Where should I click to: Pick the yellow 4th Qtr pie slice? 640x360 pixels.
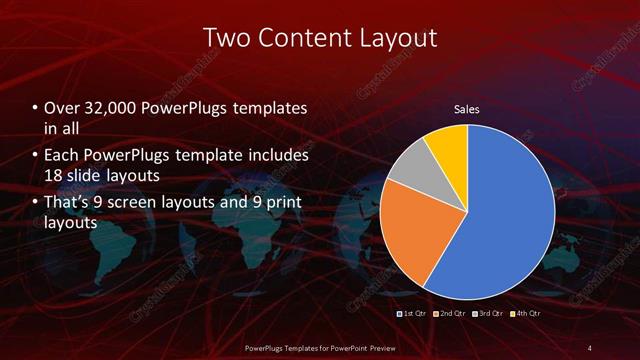coord(446,144)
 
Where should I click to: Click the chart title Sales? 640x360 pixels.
coord(467,108)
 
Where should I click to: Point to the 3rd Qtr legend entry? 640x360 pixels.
coord(488,314)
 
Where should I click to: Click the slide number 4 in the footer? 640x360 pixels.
coord(589,347)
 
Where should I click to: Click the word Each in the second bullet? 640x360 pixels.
coord(61,156)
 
